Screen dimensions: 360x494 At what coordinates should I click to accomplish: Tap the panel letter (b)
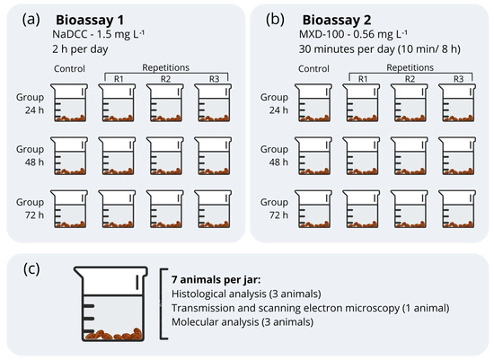tap(271, 18)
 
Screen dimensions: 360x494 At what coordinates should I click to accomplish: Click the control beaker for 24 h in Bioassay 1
tap(72, 103)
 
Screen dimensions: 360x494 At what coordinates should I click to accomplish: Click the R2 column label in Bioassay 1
tap(166, 79)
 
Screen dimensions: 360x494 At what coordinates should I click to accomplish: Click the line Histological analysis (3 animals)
tap(247, 293)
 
